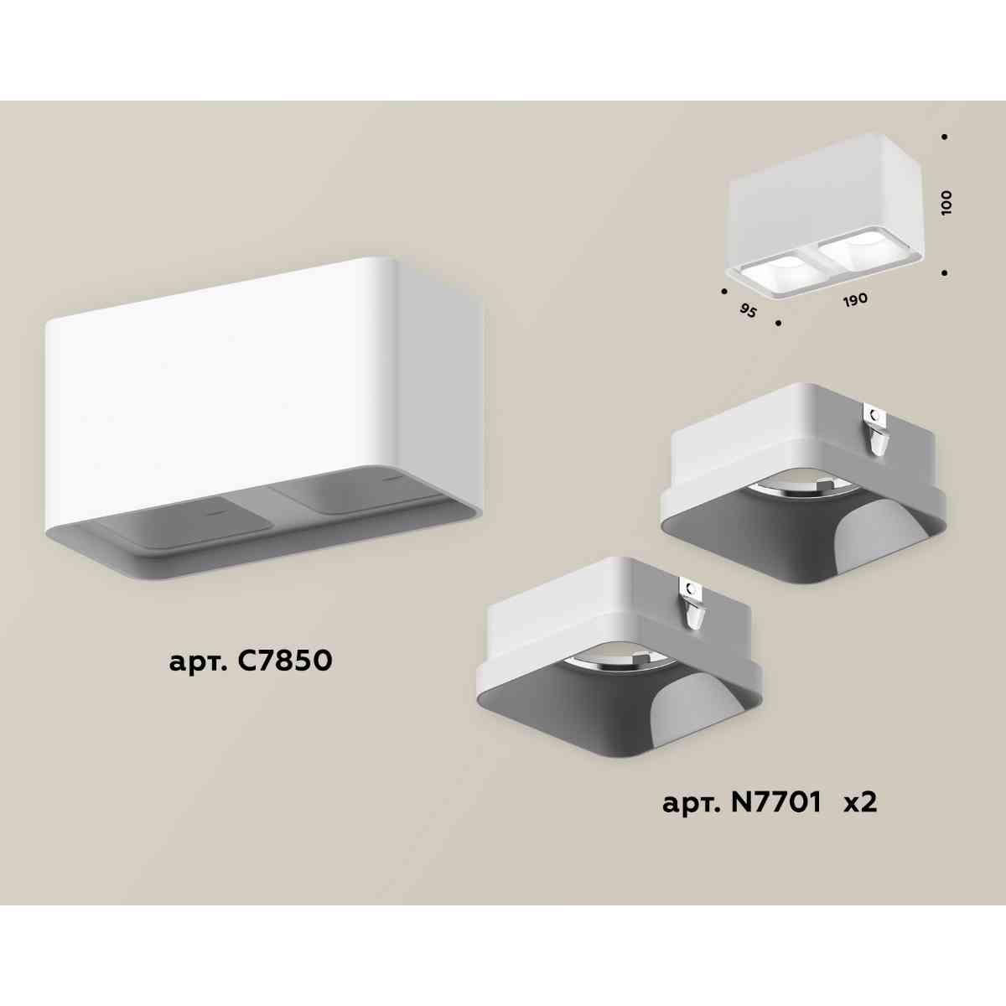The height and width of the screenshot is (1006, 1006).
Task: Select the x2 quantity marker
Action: pyautogui.click(x=859, y=803)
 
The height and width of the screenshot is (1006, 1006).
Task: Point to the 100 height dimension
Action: pyautogui.click(x=946, y=204)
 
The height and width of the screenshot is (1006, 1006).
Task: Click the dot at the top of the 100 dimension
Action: pyautogui.click(x=945, y=137)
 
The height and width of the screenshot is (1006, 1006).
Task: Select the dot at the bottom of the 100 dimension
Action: pyautogui.click(x=945, y=272)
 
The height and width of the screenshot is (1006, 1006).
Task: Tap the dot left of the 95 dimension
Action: pyautogui.click(x=723, y=292)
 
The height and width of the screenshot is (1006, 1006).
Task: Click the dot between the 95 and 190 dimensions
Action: pyautogui.click(x=779, y=322)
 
